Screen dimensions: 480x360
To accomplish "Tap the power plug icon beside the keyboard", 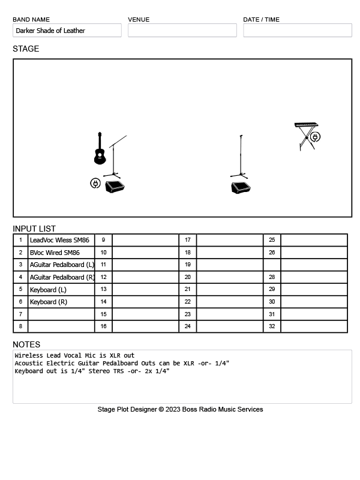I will (x=315, y=137).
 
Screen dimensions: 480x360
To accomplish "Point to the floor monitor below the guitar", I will (x=115, y=187).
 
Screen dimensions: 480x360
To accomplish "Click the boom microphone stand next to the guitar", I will (x=114, y=157).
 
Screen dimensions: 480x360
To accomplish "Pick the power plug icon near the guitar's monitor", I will (x=95, y=183).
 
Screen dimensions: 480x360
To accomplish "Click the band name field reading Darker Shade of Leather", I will (x=67, y=31).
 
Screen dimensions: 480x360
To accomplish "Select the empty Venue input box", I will (x=182, y=31).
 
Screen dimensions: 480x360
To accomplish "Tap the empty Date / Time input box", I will (x=297, y=31).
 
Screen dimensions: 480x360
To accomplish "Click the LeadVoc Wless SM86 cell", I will (x=60, y=240).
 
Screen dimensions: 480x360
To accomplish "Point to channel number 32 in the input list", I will (x=272, y=326).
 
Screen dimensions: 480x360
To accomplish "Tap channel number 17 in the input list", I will (x=187, y=240).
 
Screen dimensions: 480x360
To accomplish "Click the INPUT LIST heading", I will (x=34, y=229).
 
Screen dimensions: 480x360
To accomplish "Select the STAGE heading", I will (x=26, y=49).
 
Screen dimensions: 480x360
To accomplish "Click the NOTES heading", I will (x=26, y=344).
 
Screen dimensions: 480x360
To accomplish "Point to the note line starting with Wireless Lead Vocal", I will (x=75, y=356).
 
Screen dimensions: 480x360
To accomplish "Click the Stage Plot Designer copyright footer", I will (x=180, y=409).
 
